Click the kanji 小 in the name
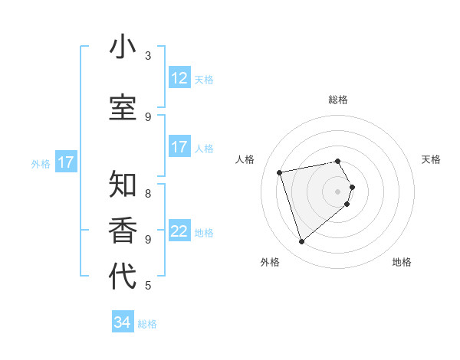[123, 47]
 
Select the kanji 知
[123, 185]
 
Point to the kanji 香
[123, 230]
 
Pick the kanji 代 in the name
[123, 277]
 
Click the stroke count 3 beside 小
[148, 56]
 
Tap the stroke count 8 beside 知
[148, 193]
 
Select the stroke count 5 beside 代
[148, 286]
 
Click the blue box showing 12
[179, 78]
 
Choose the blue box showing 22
[179, 231]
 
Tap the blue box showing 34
[123, 322]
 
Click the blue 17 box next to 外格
[65, 162]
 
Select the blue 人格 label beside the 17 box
[204, 149]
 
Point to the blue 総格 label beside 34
[147, 324]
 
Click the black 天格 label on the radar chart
[431, 159]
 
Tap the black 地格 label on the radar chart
[402, 262]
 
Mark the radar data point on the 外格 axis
[302, 242]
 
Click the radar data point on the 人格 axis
[280, 172]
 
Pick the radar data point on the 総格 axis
[338, 161]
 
